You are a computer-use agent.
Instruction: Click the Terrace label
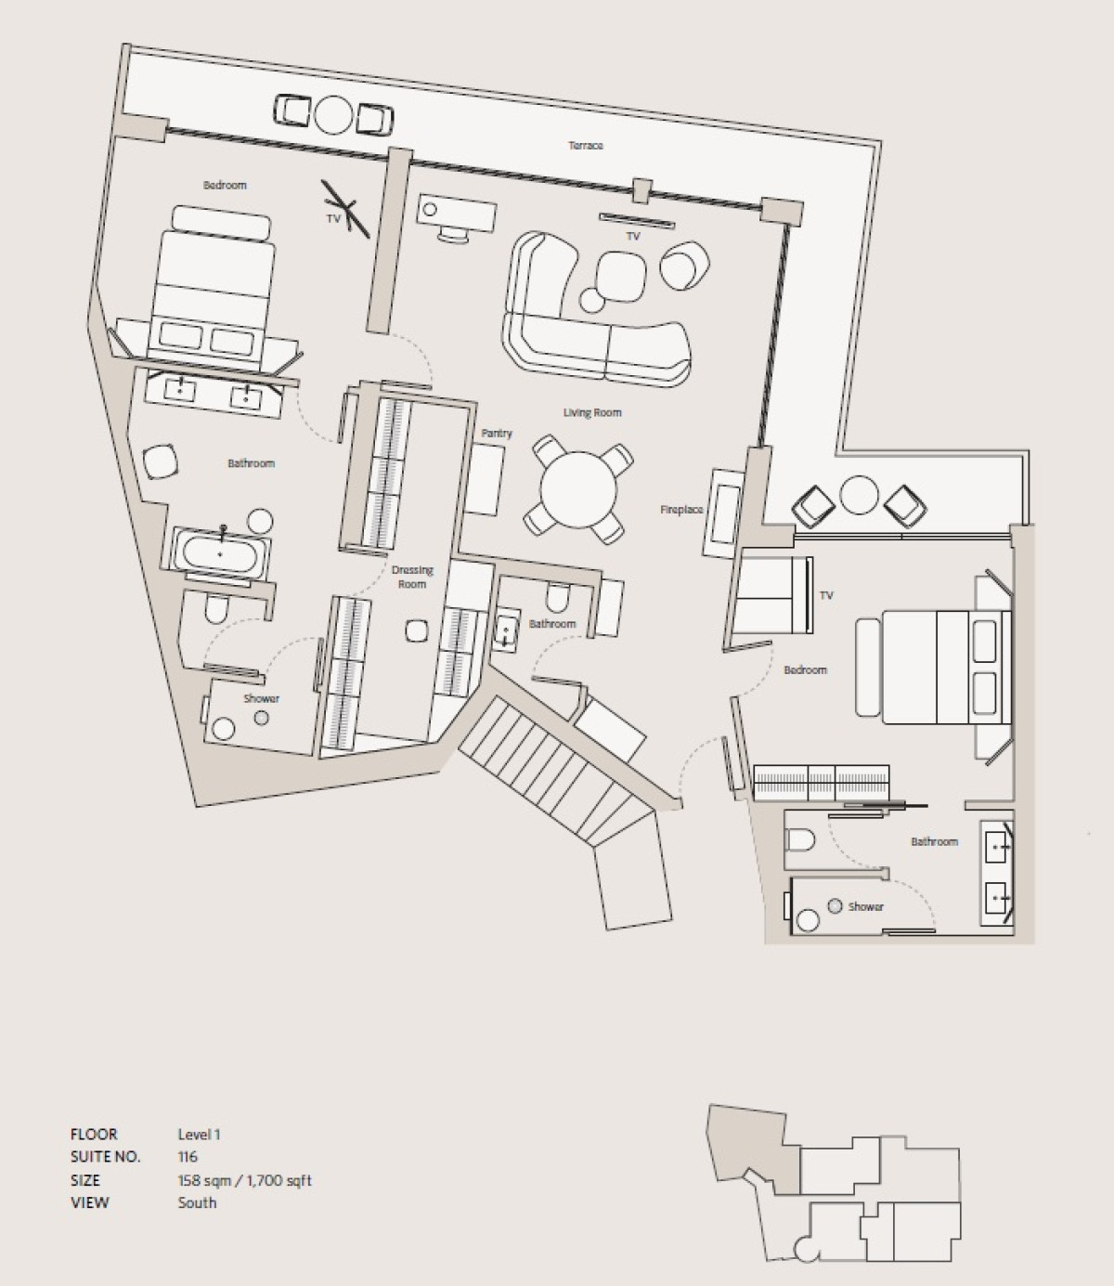[585, 146]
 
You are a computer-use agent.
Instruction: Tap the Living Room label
[592, 412]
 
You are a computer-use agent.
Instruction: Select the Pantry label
[497, 434]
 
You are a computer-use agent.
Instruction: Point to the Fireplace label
[681, 510]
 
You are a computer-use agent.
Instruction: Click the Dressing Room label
[412, 577]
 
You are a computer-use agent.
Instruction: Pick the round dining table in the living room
[578, 489]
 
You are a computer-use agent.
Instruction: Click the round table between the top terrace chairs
[333, 114]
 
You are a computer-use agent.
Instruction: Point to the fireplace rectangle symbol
[722, 513]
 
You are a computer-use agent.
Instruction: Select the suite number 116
[188, 1157]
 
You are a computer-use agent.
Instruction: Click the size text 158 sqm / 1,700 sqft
[244, 1180]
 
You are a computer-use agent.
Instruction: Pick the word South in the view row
[197, 1202]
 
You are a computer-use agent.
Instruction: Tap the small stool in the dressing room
[416, 630]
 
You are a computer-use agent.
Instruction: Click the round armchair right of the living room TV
[685, 265]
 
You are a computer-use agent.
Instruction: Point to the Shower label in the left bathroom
[261, 698]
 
